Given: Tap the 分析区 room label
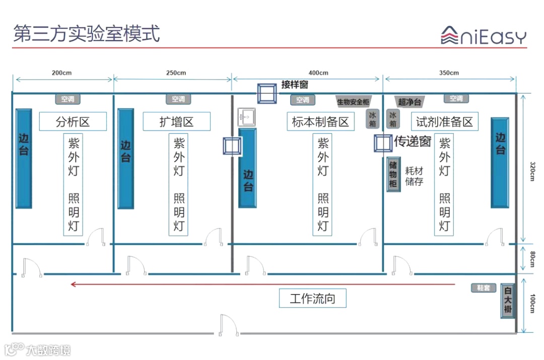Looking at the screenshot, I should coord(73,121).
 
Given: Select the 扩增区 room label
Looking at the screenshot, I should coord(177,121).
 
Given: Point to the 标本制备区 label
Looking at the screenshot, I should coord(320,121).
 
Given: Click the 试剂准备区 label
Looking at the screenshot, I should coord(445,121).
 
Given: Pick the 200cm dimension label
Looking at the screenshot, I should coord(61,73).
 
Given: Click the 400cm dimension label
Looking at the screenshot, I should coord(318,73).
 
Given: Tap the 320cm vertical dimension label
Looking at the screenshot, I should coord(532,172).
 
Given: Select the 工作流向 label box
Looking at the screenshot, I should coord(313,299).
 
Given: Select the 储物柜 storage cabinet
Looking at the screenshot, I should coord(393,175).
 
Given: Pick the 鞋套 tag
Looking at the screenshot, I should coord(484,288).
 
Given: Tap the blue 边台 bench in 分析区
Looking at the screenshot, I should coord(24,158).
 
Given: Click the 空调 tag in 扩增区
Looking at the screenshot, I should coord(178,99).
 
